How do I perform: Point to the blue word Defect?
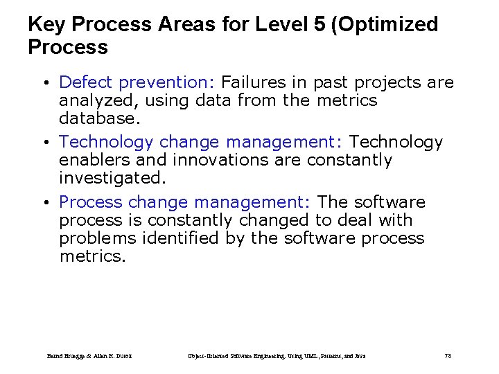pyautogui.click(x=87, y=82)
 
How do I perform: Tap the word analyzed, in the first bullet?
pyautogui.click(x=94, y=100)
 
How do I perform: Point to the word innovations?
pyautogui.click(x=214, y=160)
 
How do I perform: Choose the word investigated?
pyautogui.click(x=112, y=178)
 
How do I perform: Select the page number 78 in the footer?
pyautogui.click(x=448, y=356)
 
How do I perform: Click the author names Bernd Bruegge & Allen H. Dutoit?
pyautogui.click(x=89, y=356)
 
